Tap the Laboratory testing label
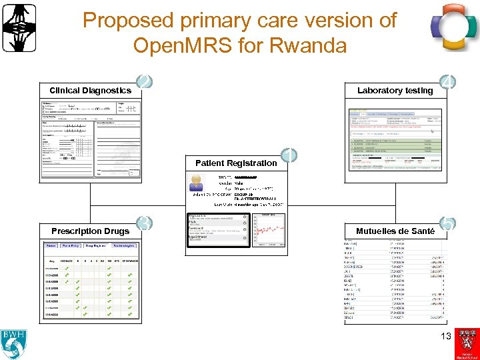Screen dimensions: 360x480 (395, 91)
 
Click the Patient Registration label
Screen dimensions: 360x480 (236, 163)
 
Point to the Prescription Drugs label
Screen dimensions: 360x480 (90, 231)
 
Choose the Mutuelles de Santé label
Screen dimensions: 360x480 (395, 231)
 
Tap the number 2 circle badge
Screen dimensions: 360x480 (144, 83)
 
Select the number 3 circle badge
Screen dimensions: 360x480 (143, 223)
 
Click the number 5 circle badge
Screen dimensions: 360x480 (448, 225)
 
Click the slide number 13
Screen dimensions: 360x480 (446, 336)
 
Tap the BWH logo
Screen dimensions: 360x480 (14, 343)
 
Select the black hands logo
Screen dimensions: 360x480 (19, 27)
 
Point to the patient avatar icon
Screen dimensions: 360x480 (198, 183)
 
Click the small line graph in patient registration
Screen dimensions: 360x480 (269, 231)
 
